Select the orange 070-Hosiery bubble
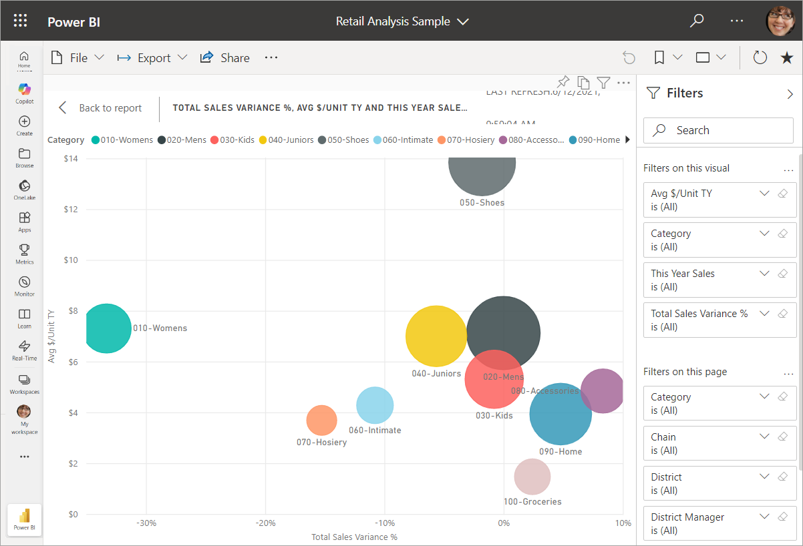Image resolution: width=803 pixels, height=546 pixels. (321, 420)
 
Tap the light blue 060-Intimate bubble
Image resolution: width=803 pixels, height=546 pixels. (374, 404)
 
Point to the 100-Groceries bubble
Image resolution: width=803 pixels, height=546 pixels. (532, 477)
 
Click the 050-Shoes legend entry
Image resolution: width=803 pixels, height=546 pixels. (343, 140)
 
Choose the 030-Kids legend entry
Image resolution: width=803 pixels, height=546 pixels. (232, 140)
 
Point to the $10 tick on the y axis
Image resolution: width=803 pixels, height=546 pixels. (71, 260)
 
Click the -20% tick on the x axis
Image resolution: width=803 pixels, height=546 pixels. (265, 523)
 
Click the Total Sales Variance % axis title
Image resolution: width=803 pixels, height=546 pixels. (354, 537)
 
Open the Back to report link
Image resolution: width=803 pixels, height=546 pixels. (100, 108)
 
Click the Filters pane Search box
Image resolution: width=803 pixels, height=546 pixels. (718, 130)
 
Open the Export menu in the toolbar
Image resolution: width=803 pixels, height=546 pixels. (152, 58)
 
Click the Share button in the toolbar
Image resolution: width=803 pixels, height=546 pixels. (225, 58)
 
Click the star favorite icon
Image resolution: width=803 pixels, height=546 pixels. (787, 58)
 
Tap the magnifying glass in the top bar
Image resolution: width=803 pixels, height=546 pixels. (697, 21)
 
